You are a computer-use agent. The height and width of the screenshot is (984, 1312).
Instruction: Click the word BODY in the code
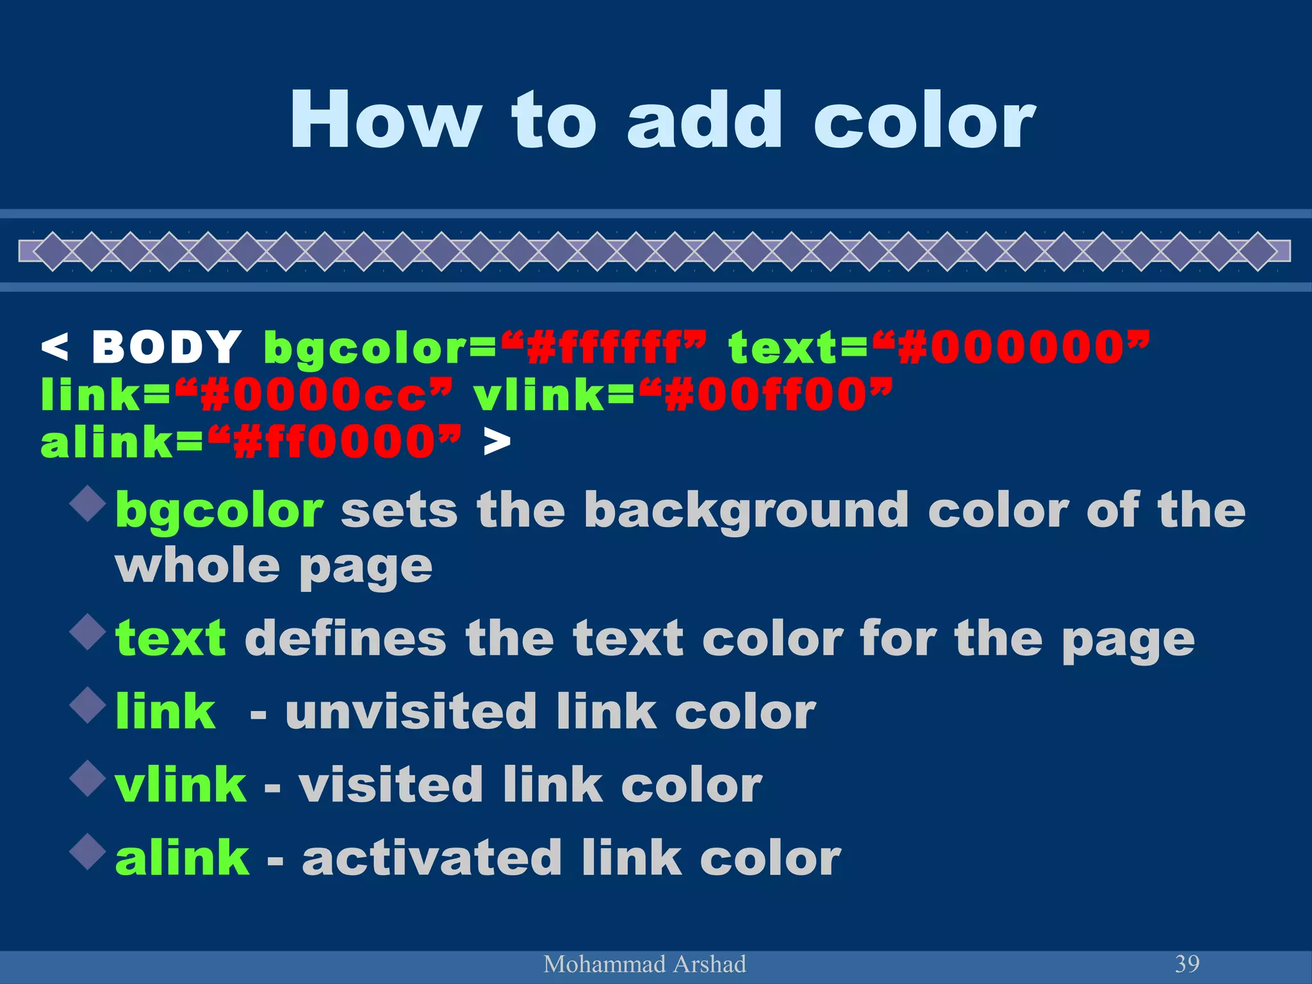click(167, 347)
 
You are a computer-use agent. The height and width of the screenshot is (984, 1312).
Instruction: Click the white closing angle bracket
click(497, 442)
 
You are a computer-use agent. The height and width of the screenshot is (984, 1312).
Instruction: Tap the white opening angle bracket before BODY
click(54, 347)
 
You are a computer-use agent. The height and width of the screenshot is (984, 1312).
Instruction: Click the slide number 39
click(1187, 963)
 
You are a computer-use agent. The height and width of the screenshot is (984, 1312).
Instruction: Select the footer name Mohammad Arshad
click(644, 964)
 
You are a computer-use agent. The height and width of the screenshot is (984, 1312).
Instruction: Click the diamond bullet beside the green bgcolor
click(88, 503)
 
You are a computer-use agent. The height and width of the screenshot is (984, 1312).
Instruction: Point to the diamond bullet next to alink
click(88, 851)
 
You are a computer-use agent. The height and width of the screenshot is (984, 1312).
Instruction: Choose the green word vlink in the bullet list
click(181, 785)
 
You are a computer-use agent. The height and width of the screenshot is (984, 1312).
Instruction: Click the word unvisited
click(411, 712)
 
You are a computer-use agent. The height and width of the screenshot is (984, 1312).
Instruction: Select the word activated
click(432, 858)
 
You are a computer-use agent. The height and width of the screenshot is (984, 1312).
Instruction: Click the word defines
click(345, 639)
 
